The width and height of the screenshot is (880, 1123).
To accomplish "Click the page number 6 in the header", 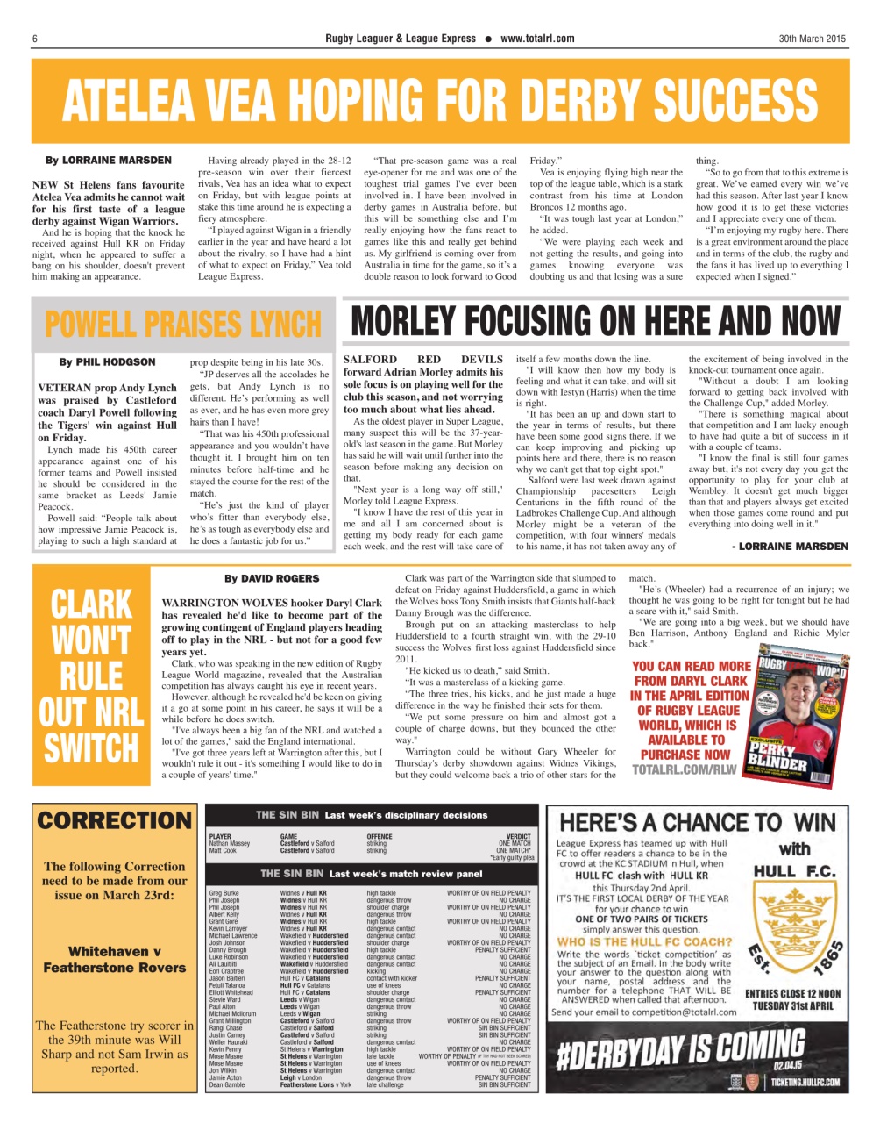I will [x=34, y=39].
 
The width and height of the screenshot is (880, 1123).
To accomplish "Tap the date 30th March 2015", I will [x=813, y=39].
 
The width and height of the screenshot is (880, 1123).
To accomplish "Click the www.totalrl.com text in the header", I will [x=537, y=39].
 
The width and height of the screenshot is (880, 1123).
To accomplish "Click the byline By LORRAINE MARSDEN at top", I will [x=109, y=161].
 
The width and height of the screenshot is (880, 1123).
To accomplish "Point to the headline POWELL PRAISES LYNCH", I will [x=183, y=324].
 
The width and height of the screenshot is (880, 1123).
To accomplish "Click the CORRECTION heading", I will [x=114, y=820].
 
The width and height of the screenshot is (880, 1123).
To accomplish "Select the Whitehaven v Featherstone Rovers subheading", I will [x=114, y=959].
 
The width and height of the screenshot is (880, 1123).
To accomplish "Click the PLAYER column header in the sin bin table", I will [x=220, y=837].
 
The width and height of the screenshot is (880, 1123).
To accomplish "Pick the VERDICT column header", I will [x=519, y=837].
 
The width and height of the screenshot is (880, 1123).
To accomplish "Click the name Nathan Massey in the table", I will [x=229, y=844].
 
